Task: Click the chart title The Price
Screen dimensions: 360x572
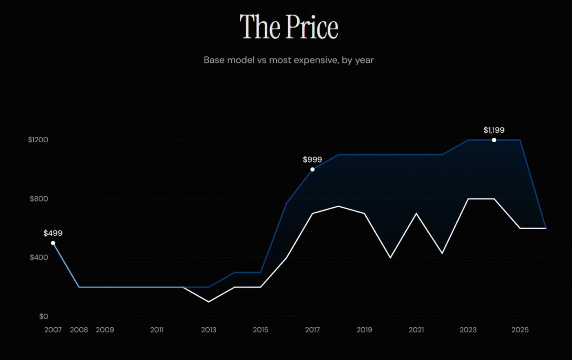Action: (289, 27)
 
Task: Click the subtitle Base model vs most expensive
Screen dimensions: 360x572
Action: (289, 60)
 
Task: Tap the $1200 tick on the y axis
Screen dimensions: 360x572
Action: (38, 140)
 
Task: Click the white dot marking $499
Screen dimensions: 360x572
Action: (53, 243)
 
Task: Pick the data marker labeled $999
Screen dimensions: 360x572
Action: (313, 169)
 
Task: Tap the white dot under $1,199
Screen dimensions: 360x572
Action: (494, 140)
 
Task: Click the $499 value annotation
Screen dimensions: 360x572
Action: (53, 233)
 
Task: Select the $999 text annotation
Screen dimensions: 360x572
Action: (312, 160)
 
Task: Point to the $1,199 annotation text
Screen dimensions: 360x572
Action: (494, 130)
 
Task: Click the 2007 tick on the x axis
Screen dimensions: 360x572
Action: (53, 330)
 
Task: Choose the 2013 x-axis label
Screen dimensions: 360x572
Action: (209, 330)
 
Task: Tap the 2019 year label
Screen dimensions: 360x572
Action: (364, 330)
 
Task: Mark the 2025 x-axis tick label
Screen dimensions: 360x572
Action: (520, 330)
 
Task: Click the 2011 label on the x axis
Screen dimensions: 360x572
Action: (157, 330)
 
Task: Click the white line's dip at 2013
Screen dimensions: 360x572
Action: (209, 302)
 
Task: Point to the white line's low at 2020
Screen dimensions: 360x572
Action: (390, 258)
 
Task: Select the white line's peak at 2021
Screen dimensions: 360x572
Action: (416, 213)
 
